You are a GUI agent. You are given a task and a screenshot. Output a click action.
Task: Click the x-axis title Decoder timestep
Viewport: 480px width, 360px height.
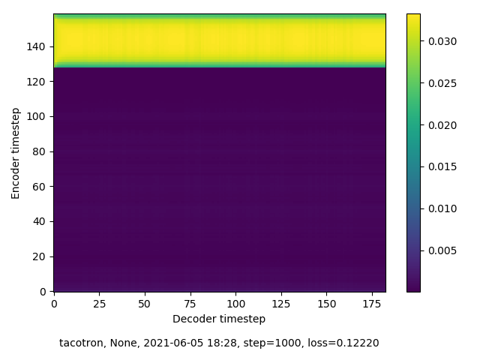pos(219,319)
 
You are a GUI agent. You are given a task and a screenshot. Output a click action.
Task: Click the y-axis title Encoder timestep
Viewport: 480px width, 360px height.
pos(16,152)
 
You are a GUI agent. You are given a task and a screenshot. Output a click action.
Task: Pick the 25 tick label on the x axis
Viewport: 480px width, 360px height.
pos(99,303)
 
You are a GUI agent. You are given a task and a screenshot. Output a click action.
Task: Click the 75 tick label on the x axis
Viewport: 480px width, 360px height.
pos(190,303)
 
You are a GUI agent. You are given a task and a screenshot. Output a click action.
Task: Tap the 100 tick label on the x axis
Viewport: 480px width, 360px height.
pos(235,303)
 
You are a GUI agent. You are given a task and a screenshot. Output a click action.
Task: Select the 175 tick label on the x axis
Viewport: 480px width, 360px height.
pos(372,303)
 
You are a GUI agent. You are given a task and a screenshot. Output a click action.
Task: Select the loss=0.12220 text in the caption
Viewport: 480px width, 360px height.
pos(346,343)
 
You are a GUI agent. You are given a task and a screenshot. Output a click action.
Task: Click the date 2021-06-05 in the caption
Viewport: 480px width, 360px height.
pos(169,343)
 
